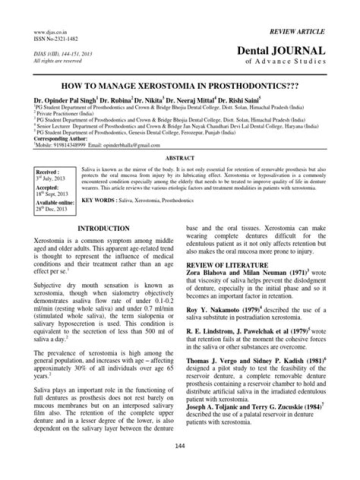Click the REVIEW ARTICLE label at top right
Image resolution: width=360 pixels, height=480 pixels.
[x=297, y=31]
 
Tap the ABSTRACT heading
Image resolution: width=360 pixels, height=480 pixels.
[x=179, y=158]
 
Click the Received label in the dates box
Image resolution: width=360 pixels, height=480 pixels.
[x=46, y=171]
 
